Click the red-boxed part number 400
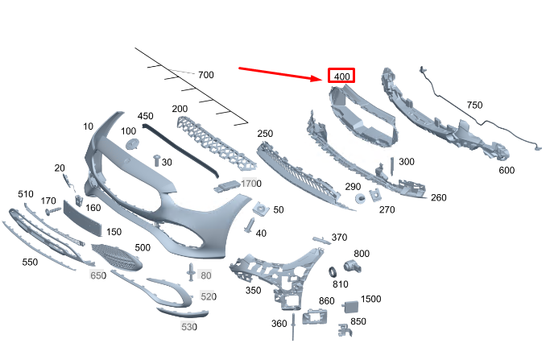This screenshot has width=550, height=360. point(342,77)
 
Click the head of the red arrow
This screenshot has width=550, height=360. point(317,78)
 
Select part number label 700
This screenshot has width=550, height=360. point(206,75)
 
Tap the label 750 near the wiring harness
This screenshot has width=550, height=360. point(474,105)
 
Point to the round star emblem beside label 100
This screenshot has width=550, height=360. point(132,144)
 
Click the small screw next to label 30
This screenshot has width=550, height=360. point(157,160)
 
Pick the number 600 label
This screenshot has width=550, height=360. point(507,170)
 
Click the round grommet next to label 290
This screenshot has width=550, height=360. point(360,198)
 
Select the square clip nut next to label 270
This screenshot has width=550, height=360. point(375,195)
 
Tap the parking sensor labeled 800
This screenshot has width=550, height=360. point(351,267)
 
